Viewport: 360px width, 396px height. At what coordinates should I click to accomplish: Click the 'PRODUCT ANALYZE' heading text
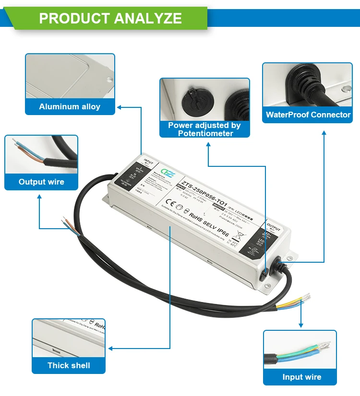coord(110,18)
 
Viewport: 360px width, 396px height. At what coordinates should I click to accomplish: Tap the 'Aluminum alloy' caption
coord(70,106)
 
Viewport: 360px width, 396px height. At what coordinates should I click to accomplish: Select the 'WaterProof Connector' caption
coord(308,115)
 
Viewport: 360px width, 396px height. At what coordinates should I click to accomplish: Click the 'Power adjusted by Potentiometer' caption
coord(204,129)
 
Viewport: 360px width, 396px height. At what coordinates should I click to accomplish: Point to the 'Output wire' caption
coord(41,182)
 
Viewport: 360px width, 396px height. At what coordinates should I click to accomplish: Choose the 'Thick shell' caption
coord(69,365)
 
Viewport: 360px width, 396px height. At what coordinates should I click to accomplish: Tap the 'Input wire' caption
coord(301,377)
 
